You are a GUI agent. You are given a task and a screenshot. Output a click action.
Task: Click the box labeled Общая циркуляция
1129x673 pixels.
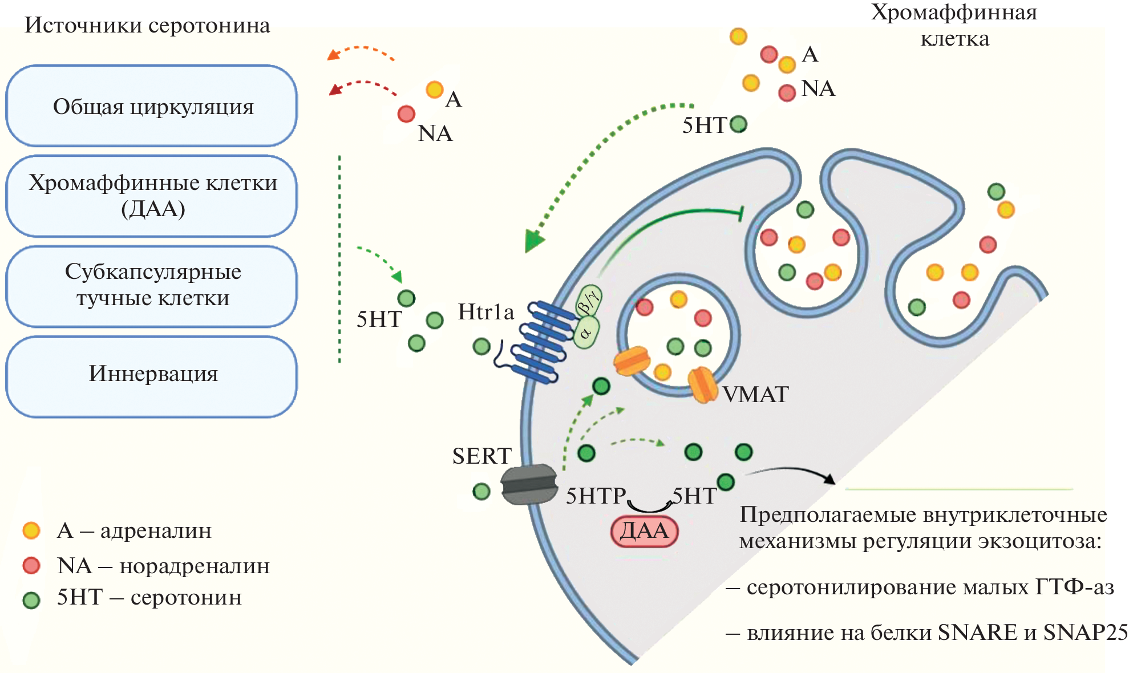click(152, 106)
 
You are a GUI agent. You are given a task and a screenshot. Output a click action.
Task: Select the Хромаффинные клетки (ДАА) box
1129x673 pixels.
click(152, 196)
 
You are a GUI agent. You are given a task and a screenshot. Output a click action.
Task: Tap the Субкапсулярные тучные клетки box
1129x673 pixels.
click(152, 286)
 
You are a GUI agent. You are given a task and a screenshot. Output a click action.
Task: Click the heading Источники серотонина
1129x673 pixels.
click(147, 26)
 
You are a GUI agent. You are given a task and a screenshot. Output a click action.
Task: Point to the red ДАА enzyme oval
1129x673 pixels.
click(644, 531)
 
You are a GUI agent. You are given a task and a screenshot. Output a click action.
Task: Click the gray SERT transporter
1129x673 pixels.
click(529, 484)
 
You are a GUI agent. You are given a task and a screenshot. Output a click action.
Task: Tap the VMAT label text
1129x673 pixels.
click(755, 395)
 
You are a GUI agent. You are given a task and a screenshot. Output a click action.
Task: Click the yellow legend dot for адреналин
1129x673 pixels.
click(31, 530)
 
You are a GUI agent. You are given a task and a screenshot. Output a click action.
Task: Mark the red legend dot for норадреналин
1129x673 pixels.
click(31, 566)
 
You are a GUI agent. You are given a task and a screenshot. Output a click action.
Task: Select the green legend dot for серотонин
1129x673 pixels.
click(31, 600)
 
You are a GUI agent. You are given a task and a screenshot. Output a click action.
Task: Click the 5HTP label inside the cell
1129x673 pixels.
click(596, 496)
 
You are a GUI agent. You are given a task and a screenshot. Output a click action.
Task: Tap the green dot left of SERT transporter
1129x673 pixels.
click(481, 491)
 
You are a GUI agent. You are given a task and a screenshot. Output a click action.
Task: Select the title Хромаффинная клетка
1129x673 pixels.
click(954, 26)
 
